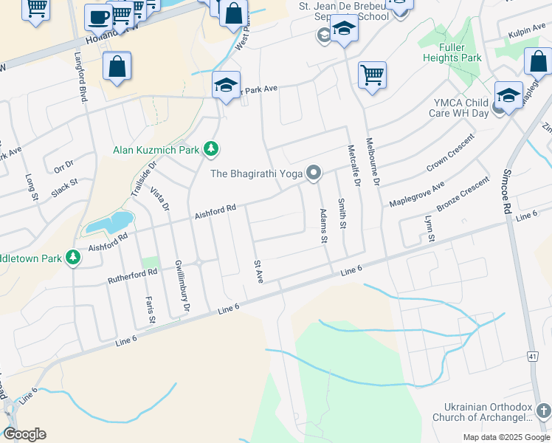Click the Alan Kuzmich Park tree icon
211,150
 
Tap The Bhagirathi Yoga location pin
314,174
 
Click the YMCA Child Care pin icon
499,108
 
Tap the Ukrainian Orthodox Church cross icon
543,409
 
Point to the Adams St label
322,226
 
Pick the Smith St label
342,213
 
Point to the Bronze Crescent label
463,194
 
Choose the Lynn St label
427,229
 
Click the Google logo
24,434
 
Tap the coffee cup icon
98,17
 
